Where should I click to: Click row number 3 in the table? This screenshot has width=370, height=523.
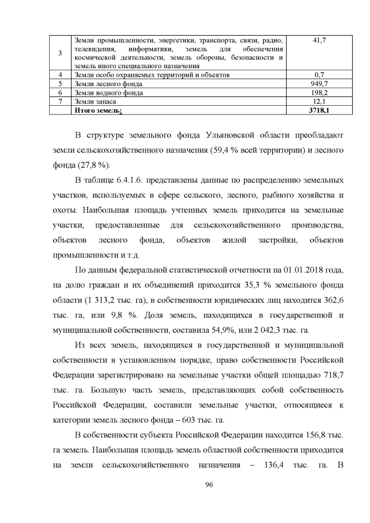click(x=61, y=53)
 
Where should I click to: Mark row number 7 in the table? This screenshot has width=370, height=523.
click(x=61, y=101)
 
